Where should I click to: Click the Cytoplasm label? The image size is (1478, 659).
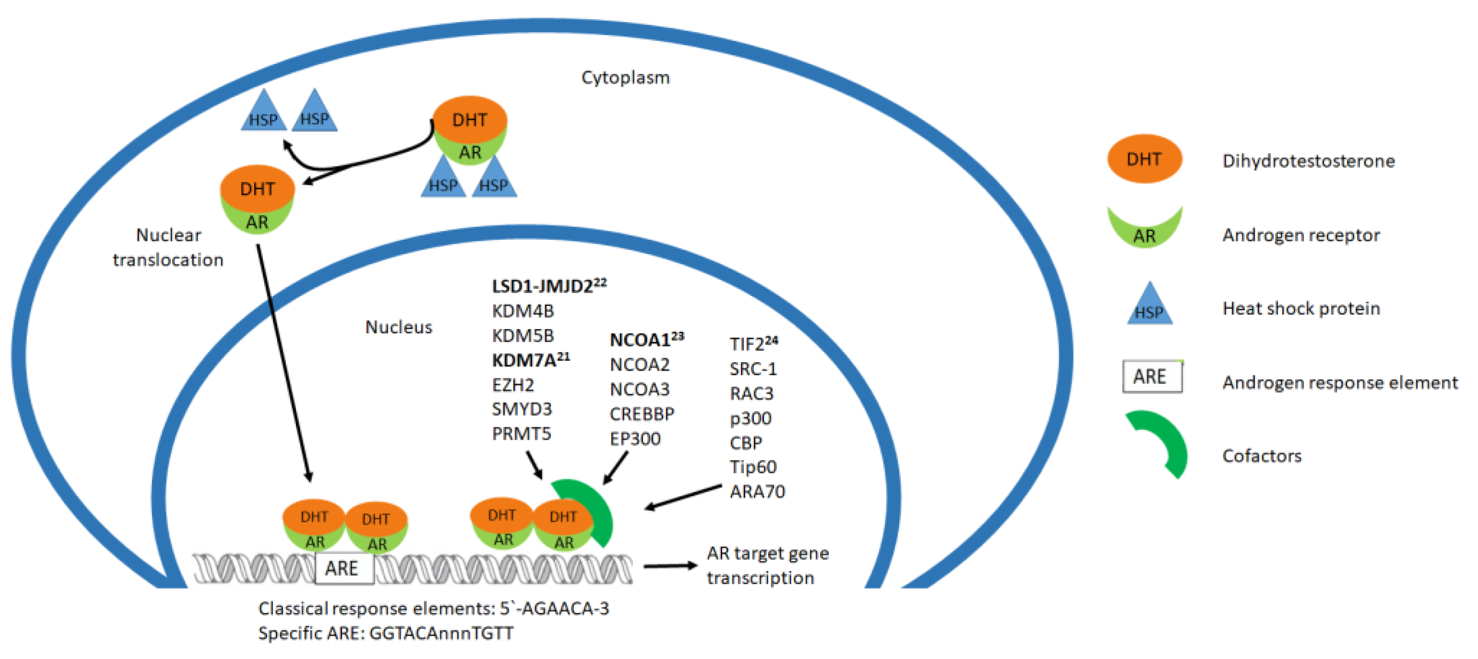pos(625,78)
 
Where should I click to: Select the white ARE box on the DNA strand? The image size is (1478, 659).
pos(343,568)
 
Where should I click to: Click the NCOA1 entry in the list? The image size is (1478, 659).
pos(640,341)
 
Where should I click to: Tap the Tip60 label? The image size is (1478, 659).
pos(753,467)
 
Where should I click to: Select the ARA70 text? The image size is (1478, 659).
pos(757,492)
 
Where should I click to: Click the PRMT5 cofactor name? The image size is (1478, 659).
pos(521,434)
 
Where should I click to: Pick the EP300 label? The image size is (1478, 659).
pos(634,439)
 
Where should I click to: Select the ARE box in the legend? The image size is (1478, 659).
pos(1151,377)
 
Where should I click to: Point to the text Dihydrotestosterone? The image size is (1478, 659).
pos(1308,161)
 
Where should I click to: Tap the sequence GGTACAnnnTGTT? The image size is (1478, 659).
pos(441,633)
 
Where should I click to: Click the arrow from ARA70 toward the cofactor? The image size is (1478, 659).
pos(683,497)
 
